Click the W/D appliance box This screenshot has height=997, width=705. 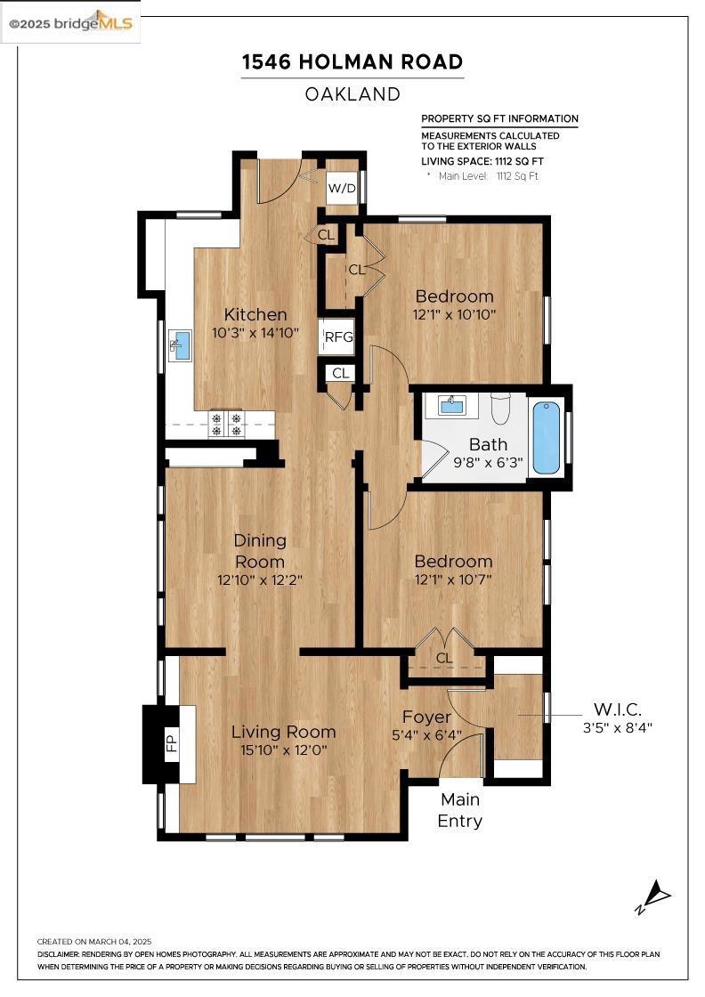click(x=342, y=188)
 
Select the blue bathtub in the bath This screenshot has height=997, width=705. click(x=546, y=437)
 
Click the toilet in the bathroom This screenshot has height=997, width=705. click(x=501, y=409)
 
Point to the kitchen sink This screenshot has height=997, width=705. click(x=181, y=345)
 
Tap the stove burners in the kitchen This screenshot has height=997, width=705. click(x=226, y=424)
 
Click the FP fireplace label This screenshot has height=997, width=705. click(x=171, y=743)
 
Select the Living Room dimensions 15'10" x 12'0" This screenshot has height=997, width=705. click(x=284, y=750)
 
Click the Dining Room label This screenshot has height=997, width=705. click(x=260, y=551)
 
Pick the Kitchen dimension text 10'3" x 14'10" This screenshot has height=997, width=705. click(x=255, y=333)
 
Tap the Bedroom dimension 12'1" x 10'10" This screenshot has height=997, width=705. click(x=454, y=314)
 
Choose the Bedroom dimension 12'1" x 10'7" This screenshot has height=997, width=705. click(x=453, y=580)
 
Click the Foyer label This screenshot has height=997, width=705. click(x=427, y=717)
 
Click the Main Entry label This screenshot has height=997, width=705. click(x=460, y=809)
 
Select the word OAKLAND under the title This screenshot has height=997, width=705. click(x=352, y=94)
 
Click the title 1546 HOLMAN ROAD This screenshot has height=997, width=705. click(x=352, y=61)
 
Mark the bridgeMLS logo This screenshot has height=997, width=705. click(x=70, y=23)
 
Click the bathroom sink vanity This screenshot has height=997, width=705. click(x=451, y=405)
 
